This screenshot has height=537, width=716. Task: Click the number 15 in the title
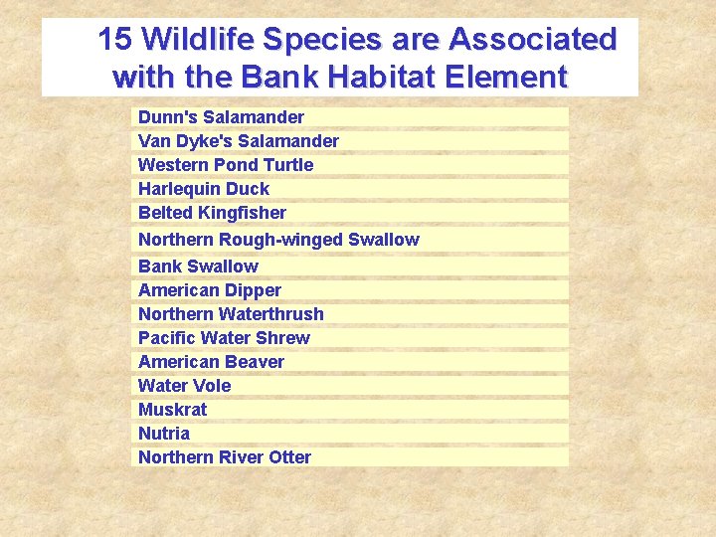[114, 40]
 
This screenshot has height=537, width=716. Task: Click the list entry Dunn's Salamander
[221, 117]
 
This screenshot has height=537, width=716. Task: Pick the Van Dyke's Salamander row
[238, 141]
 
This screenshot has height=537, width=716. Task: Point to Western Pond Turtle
[226, 165]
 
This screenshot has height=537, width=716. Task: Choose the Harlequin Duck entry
[204, 189]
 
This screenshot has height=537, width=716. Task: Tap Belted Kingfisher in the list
[212, 213]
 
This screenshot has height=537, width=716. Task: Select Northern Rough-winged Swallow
[278, 240]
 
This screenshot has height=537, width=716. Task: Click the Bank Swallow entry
[198, 267]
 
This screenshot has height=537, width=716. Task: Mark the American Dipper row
[210, 290]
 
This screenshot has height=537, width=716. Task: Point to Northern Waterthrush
[231, 314]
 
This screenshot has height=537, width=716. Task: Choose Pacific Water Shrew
[224, 338]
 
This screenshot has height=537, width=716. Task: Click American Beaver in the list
[211, 362]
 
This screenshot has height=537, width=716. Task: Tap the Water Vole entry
[184, 386]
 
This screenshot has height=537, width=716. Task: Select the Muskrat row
[173, 410]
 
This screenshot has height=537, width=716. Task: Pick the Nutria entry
[164, 434]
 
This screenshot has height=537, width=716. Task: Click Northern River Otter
[225, 457]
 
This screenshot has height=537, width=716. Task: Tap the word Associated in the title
[532, 40]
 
